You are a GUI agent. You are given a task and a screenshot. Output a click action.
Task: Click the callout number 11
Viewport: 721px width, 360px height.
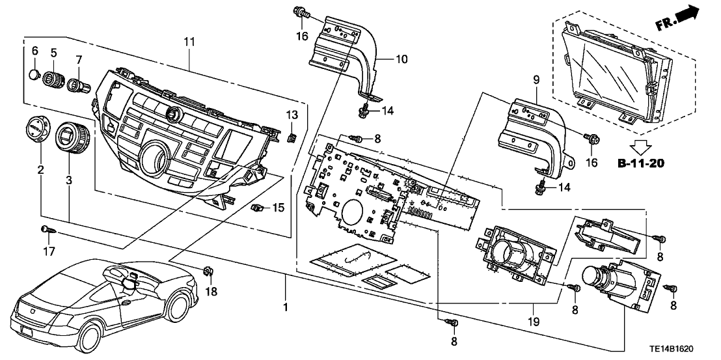point(190,42)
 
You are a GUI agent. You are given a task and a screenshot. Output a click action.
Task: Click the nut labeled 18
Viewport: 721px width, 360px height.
point(209,271)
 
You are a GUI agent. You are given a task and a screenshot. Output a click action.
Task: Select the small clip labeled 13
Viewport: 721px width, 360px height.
point(292,137)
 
